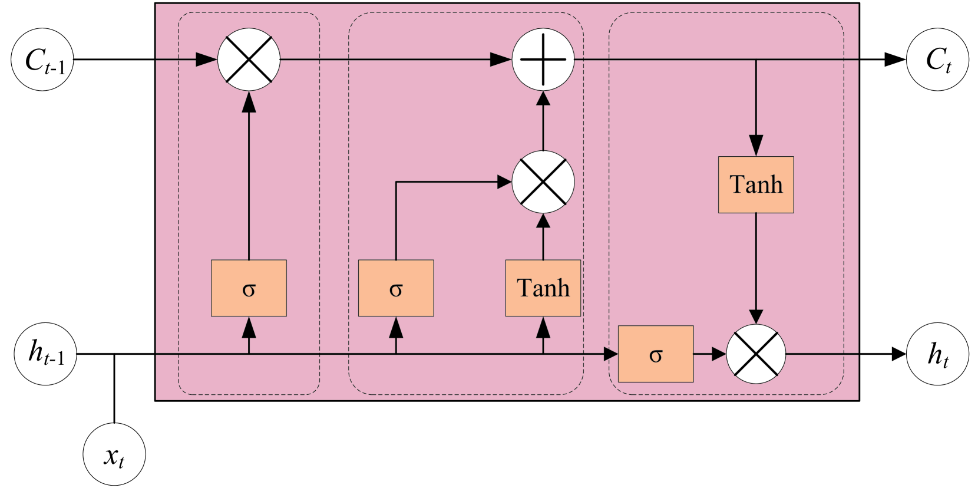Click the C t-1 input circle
click(42, 60)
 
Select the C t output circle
click(937, 60)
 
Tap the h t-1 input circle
click(45, 354)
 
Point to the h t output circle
click(937, 354)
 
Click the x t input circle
click(114, 454)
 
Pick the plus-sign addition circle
click(543, 60)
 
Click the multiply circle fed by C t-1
click(249, 60)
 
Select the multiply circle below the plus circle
click(543, 182)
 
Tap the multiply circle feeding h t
click(756, 354)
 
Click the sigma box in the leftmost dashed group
click(249, 288)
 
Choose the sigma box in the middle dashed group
click(396, 288)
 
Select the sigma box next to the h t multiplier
click(656, 354)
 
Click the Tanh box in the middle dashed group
click(543, 288)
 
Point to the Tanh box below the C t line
click(756, 184)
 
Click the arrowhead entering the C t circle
click(896, 60)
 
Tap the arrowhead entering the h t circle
click(898, 354)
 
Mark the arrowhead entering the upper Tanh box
click(756, 146)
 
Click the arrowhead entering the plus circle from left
click(501, 60)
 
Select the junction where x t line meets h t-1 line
click(114, 354)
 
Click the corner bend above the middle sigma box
click(396, 182)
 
